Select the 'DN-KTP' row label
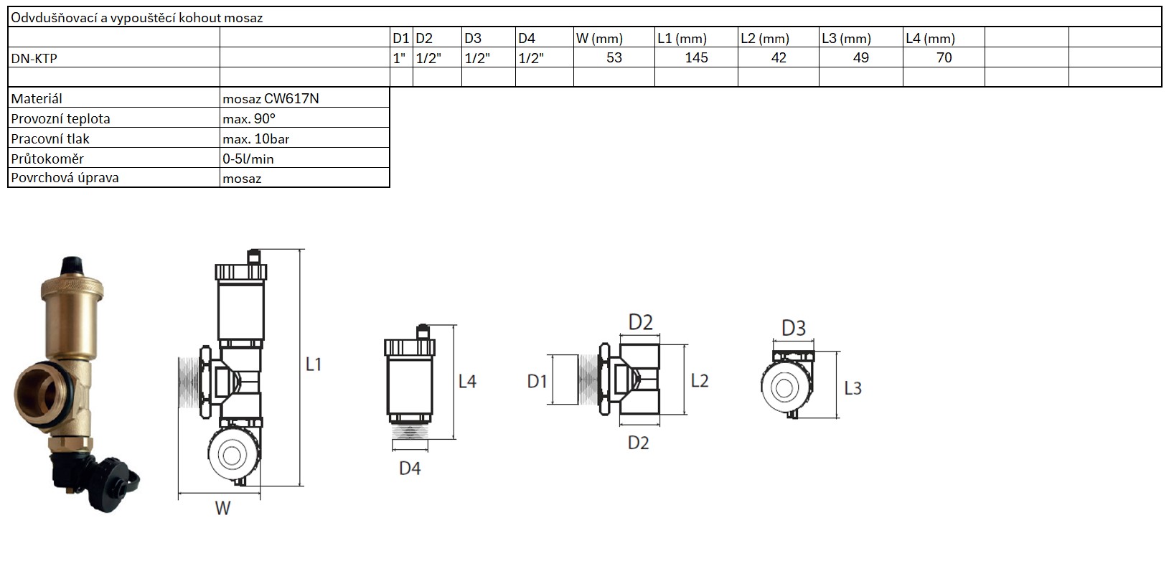point(34,59)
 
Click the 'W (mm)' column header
point(599,39)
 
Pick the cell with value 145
point(696,58)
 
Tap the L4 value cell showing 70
point(944,58)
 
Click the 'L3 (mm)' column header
point(846,39)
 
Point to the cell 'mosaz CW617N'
point(271,99)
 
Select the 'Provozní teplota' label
point(60,119)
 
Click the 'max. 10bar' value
point(256,139)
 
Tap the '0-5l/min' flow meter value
point(248,159)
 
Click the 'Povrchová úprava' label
point(65,178)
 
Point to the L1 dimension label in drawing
point(314,364)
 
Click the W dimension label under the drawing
point(222,509)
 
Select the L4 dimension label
point(467,382)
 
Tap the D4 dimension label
point(410,468)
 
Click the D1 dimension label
point(537,382)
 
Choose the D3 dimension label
point(794,329)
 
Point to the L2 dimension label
point(700,381)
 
